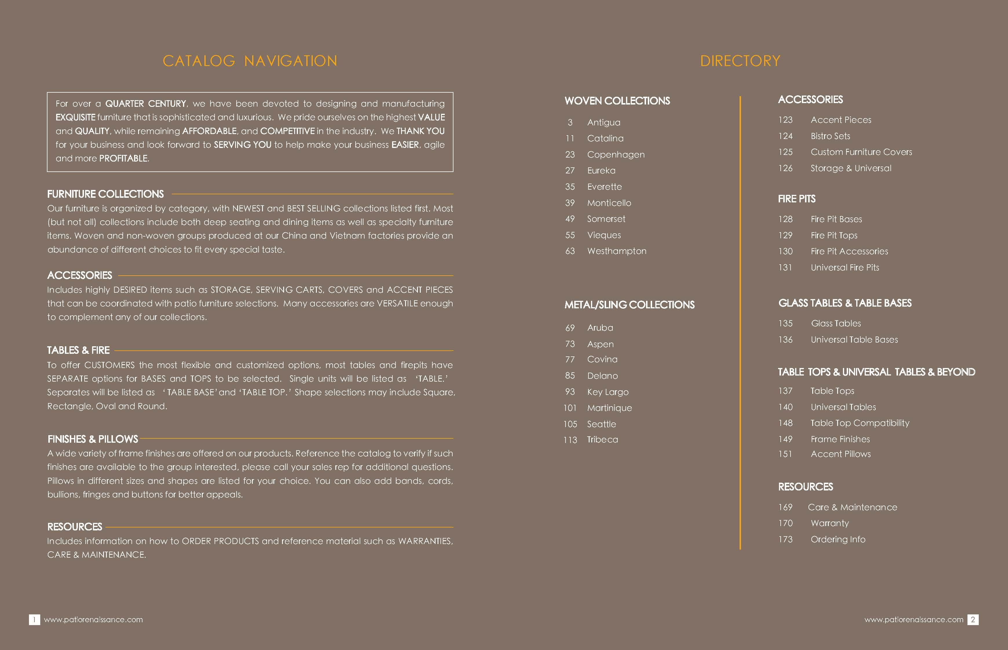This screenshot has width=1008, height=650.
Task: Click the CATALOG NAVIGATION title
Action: (x=250, y=61)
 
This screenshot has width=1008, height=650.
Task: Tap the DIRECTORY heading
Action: (x=740, y=61)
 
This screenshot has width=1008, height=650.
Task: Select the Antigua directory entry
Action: (x=604, y=122)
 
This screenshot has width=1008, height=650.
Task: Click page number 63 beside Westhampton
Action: (x=570, y=251)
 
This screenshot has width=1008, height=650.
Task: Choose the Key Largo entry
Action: (x=608, y=392)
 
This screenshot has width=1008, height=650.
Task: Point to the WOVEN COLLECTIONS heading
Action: (x=617, y=101)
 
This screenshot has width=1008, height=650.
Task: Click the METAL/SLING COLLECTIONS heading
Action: (x=629, y=305)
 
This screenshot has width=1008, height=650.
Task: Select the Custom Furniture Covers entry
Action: (x=861, y=152)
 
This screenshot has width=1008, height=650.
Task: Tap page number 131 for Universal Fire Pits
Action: (x=785, y=268)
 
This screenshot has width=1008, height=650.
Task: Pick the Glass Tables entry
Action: (x=836, y=324)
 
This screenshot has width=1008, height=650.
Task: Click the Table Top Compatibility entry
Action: (x=860, y=423)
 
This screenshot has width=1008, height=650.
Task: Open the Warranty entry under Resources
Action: (x=829, y=523)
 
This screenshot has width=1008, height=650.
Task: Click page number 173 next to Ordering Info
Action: (x=785, y=539)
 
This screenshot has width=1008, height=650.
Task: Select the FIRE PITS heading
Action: (x=797, y=199)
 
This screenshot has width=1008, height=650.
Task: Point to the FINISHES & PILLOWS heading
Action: (x=93, y=440)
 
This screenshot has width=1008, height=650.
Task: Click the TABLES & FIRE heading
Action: (x=78, y=350)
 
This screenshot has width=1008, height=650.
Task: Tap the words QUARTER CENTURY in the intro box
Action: (x=146, y=104)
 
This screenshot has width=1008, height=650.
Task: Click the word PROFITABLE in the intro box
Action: (x=123, y=159)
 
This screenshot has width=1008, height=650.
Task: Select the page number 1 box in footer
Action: (x=34, y=620)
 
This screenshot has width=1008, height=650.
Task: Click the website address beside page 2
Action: (x=913, y=620)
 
